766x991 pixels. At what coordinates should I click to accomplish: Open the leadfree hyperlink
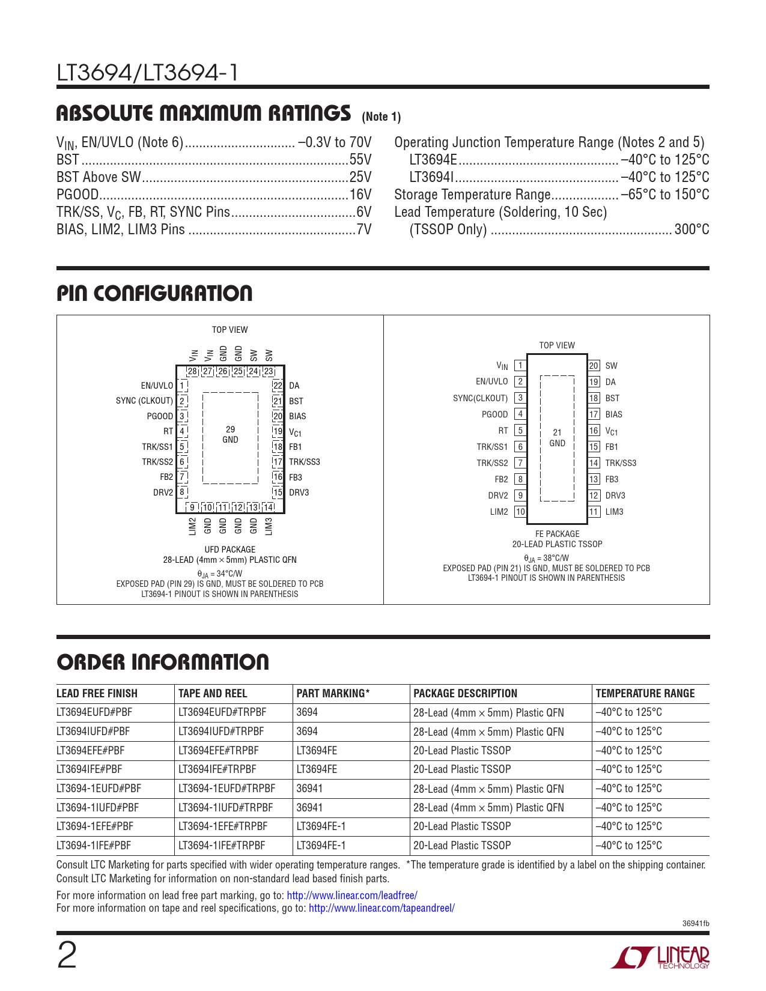point(352,895)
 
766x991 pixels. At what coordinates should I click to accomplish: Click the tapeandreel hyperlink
point(381,908)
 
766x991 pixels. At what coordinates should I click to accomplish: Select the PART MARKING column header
point(333,693)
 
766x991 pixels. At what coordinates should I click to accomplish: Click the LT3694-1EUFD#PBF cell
point(99,788)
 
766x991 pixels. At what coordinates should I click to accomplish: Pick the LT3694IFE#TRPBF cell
point(217,769)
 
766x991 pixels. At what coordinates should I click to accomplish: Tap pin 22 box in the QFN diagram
point(278,386)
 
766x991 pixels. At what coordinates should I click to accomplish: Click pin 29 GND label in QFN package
point(230,434)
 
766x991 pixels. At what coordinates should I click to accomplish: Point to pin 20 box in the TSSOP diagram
point(594,366)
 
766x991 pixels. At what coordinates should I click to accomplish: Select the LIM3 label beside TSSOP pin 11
point(614,512)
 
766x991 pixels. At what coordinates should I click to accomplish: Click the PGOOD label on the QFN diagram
point(160,416)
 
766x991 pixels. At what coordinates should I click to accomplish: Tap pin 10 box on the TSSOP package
point(520,512)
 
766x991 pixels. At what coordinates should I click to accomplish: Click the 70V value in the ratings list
point(360,142)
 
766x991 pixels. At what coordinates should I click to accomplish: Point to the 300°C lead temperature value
point(692,229)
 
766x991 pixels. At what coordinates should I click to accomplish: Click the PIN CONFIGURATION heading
point(154,294)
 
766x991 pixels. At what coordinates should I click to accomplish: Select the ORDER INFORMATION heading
point(163,662)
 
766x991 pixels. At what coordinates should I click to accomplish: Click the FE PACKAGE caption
point(557,534)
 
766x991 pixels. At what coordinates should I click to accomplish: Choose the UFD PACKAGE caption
point(229,550)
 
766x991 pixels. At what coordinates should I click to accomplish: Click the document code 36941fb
point(696,924)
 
